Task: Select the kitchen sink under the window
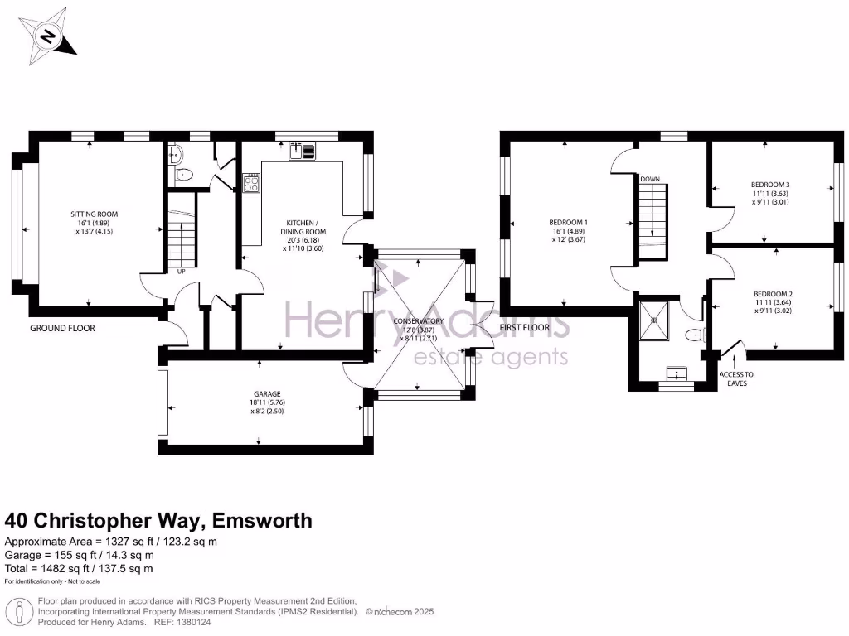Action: coord(303,150)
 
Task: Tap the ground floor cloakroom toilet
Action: coord(183,175)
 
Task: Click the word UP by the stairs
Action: coord(180,271)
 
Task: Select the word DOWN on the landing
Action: coord(650,179)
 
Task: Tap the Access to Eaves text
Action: coord(736,378)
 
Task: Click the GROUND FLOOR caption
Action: coord(62,329)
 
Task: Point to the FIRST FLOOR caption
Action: coord(525,329)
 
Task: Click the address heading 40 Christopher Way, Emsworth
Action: coord(159,521)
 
